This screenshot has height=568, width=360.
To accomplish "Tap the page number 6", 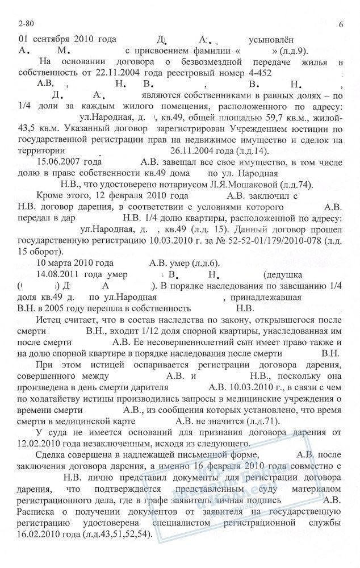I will [x=340, y=24].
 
